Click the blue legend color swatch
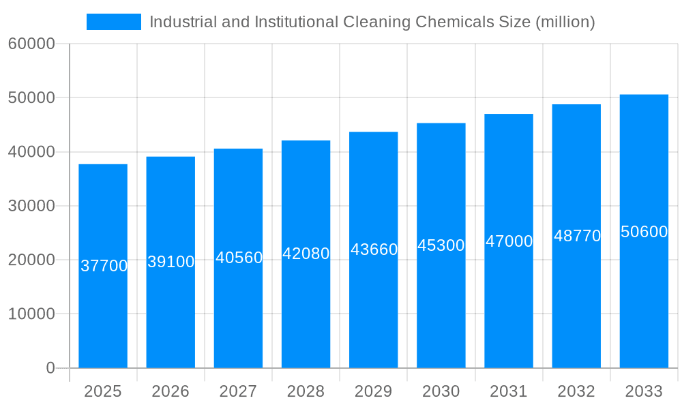click(113, 22)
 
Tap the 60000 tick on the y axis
click(31, 44)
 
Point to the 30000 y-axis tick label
click(31, 206)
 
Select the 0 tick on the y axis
click(50, 368)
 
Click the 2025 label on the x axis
click(103, 391)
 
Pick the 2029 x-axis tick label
click(373, 391)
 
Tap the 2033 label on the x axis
click(644, 391)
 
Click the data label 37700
click(104, 266)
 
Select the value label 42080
click(306, 254)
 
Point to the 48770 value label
click(577, 236)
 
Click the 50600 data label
click(644, 232)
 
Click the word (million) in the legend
click(565, 22)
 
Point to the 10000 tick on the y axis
click(31, 314)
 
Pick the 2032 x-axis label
click(576, 391)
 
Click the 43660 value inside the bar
click(374, 249)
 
